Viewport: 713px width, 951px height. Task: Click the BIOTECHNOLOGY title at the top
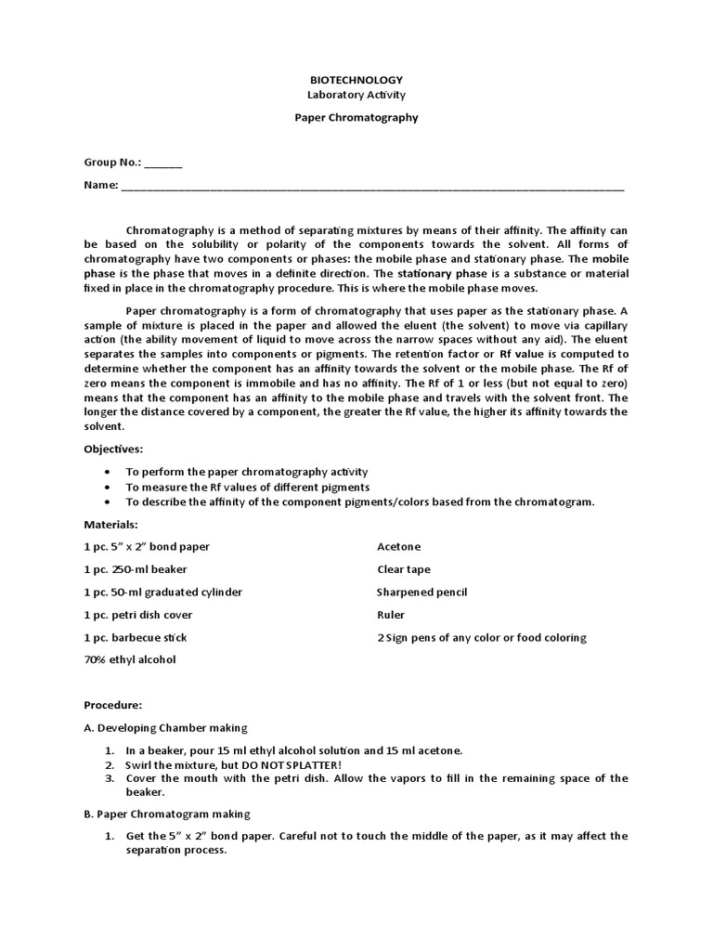point(356,81)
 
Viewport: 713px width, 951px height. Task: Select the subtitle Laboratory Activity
point(356,96)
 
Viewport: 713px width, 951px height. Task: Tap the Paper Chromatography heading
point(356,118)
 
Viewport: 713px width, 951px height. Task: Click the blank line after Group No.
point(163,163)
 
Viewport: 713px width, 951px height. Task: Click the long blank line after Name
point(372,187)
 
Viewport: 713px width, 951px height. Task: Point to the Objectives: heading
point(113,449)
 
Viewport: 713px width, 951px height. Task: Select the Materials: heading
point(111,525)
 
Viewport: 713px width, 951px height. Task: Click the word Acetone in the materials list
point(399,547)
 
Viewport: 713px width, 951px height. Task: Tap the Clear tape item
point(404,569)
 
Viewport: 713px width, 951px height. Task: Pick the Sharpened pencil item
point(421,593)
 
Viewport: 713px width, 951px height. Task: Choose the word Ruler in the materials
point(391,615)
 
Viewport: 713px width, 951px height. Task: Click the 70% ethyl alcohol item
point(129,660)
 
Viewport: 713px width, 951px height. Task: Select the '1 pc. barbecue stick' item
point(136,638)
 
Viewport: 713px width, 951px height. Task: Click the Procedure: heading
point(112,706)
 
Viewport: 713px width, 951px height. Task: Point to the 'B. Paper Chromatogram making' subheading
point(167,814)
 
